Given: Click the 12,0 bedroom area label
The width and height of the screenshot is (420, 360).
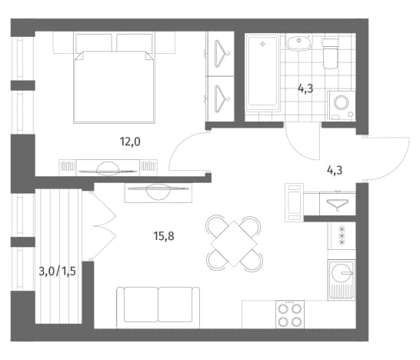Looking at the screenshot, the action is [x=130, y=142].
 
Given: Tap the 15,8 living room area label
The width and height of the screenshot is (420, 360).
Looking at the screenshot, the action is [x=164, y=236].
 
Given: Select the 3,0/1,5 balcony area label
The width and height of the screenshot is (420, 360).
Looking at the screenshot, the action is [x=58, y=272].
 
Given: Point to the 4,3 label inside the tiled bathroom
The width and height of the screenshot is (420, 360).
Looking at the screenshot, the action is [x=305, y=88].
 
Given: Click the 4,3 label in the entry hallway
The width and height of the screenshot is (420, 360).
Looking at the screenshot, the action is [x=335, y=170].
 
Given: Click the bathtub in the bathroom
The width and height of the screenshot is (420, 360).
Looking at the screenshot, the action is [x=262, y=72].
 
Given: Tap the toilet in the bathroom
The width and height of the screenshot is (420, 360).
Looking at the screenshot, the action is [x=331, y=54].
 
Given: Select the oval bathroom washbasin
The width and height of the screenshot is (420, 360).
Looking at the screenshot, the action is [x=298, y=42].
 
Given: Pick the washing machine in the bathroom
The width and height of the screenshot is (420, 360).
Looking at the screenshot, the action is [x=342, y=106].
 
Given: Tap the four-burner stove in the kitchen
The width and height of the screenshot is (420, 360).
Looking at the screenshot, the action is [x=290, y=315].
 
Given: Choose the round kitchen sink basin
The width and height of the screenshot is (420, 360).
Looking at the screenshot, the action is [x=341, y=273].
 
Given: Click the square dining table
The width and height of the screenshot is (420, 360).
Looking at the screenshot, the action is [x=234, y=244].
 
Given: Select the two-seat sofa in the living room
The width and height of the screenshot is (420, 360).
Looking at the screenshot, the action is [x=158, y=308].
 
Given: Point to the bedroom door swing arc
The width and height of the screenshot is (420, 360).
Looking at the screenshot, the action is [x=179, y=145].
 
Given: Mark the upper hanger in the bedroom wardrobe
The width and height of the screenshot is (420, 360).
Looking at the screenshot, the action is [x=222, y=54].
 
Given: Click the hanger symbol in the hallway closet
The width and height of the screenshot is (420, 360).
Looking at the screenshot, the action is [x=338, y=205].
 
